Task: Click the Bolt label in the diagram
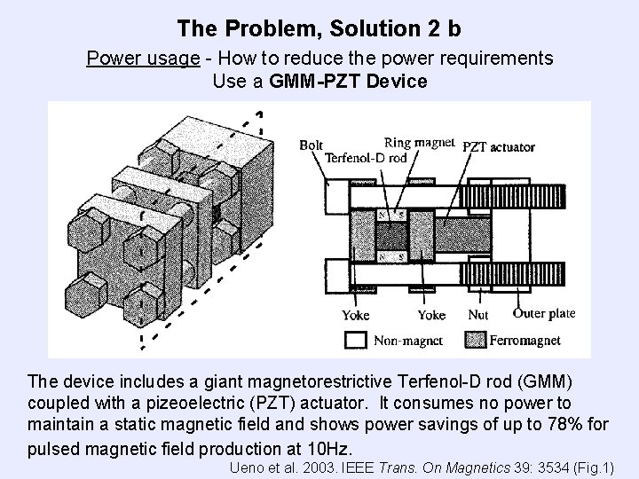pos(312,145)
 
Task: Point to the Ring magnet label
pos(419,142)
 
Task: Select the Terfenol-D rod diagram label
pos(365,157)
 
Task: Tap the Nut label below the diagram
pos(478,315)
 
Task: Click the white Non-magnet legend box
pos(357,340)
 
